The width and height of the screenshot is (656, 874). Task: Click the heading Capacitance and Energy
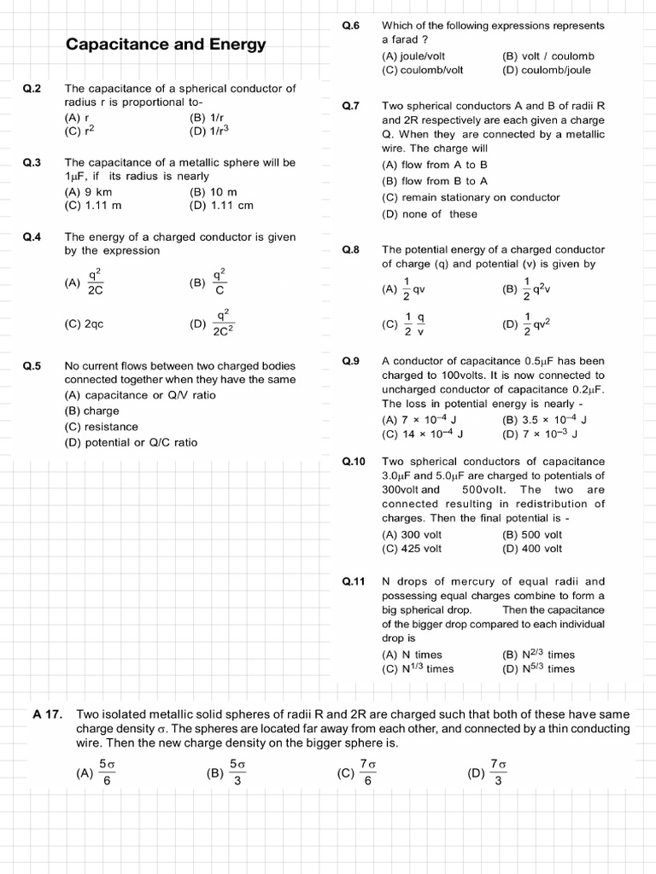click(x=166, y=44)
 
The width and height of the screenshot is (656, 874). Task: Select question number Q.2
click(x=32, y=88)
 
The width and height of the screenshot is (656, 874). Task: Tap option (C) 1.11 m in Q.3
click(x=93, y=205)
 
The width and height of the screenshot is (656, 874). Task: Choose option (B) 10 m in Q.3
click(x=214, y=192)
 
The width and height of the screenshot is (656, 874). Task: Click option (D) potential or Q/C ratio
click(x=131, y=442)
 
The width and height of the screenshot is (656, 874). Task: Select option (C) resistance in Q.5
click(x=101, y=426)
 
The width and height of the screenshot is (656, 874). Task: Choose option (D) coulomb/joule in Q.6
click(x=548, y=70)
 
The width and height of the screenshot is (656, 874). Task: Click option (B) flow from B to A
click(x=435, y=181)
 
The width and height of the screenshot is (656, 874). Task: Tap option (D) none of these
click(x=430, y=214)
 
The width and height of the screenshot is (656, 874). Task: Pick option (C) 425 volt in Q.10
click(x=412, y=549)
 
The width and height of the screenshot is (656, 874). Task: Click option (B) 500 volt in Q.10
click(x=533, y=535)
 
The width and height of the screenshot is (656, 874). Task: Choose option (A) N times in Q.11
click(x=412, y=655)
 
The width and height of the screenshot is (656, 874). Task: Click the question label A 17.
click(x=48, y=714)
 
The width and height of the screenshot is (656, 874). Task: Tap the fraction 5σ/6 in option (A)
click(x=107, y=772)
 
